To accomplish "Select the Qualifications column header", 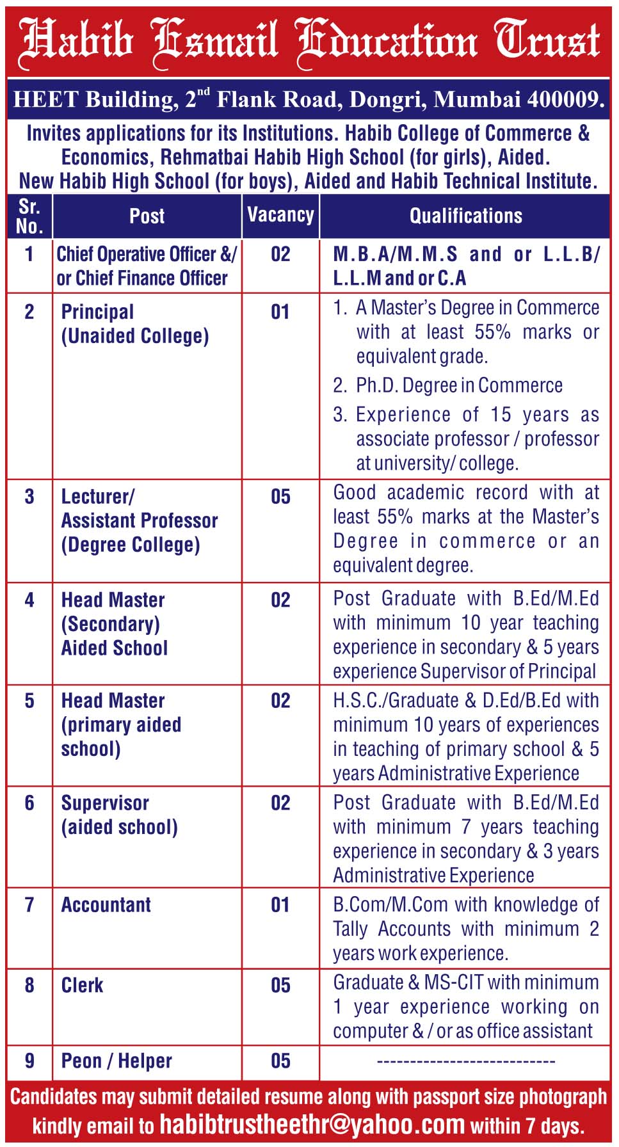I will click(465, 216).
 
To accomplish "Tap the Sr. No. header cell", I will click(29, 216).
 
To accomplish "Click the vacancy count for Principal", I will click(280, 312).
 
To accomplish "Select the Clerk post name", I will click(82, 985).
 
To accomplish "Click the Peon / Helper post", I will click(117, 1061).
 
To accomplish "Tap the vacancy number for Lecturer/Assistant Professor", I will click(280, 497).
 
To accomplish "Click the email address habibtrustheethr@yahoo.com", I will click(312, 1124).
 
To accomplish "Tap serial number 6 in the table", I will click(29, 803).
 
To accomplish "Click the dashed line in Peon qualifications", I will click(465, 1061).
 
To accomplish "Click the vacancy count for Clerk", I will click(280, 985).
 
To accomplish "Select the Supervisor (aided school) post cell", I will click(119, 815).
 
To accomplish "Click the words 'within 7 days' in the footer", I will click(527, 1126).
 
